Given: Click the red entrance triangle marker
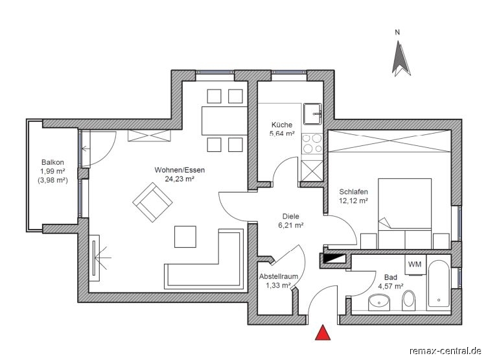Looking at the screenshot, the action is (x=323, y=332).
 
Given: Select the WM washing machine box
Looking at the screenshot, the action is (x=415, y=265).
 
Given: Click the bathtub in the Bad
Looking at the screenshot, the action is (x=438, y=283).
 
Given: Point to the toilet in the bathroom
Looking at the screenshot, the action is (x=408, y=300).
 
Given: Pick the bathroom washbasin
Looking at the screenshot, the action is (x=379, y=303).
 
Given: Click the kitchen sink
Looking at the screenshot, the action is (x=312, y=114).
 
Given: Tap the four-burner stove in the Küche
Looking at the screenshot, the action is (x=312, y=143).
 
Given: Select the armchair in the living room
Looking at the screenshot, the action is (x=152, y=202).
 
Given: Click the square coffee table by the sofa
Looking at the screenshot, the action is (x=185, y=237).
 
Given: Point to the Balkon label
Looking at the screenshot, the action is (x=52, y=162).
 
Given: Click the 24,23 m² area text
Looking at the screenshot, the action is (x=180, y=179).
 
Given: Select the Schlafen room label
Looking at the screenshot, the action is (x=354, y=192).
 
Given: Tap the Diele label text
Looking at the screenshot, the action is (x=291, y=216).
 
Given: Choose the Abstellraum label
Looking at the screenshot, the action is (x=279, y=276).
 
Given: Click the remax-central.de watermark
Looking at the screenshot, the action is (x=446, y=351).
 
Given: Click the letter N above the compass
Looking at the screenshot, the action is (x=397, y=32).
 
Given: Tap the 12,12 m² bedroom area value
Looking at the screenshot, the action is (x=354, y=201).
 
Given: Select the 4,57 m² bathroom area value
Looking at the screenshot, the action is (x=391, y=286).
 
